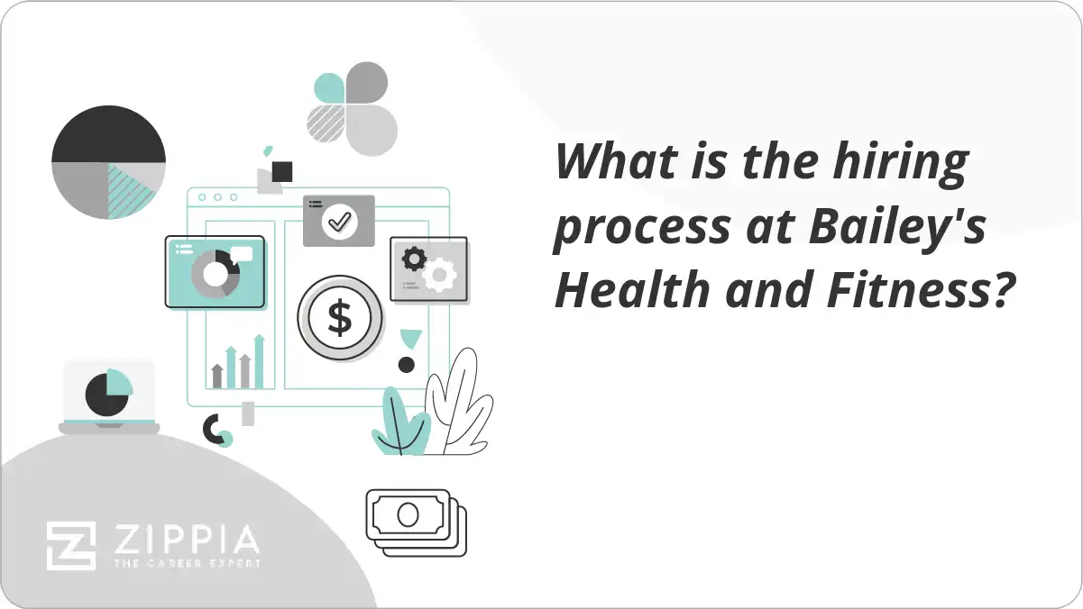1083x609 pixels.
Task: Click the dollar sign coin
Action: click(x=340, y=318)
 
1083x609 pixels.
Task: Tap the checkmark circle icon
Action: click(x=340, y=220)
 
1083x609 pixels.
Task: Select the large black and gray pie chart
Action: click(x=108, y=163)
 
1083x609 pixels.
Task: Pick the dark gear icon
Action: click(x=414, y=259)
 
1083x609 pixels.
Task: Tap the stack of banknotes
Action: click(x=416, y=522)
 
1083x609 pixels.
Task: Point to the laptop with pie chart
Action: click(x=109, y=396)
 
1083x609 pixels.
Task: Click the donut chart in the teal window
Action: click(x=215, y=274)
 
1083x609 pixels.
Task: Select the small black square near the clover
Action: click(x=282, y=171)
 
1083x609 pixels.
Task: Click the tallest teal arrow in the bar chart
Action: click(x=259, y=360)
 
